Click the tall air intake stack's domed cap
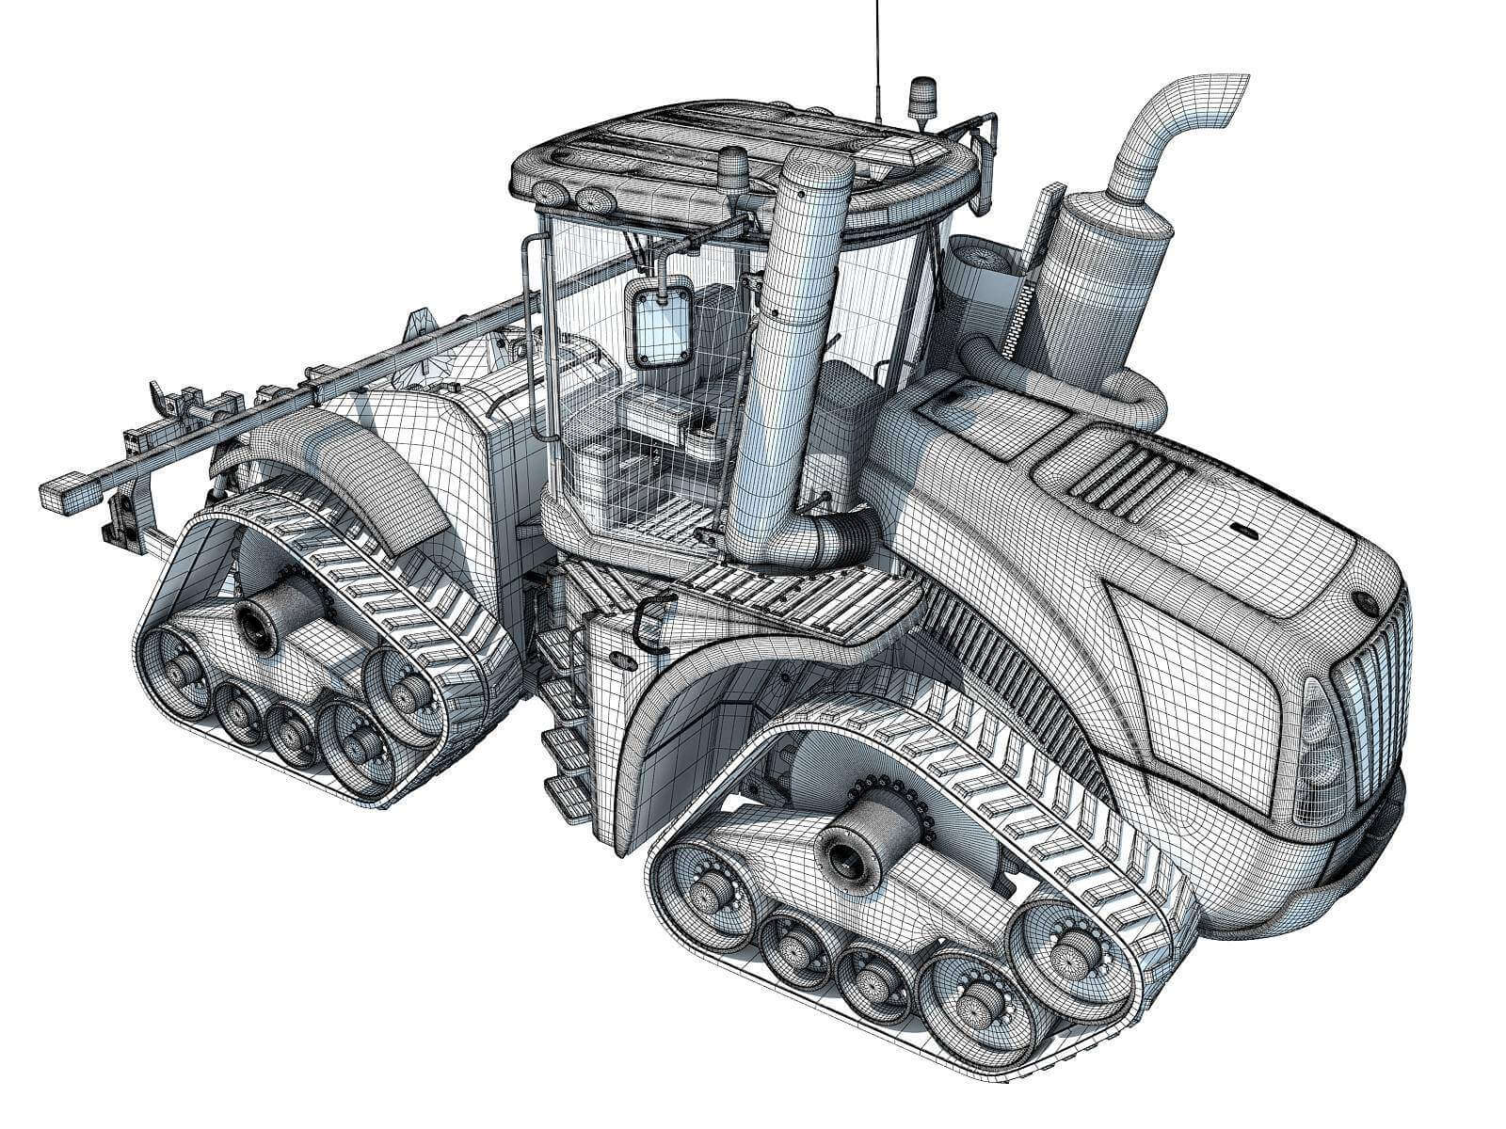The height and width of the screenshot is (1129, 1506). pyautogui.click(x=816, y=175)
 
